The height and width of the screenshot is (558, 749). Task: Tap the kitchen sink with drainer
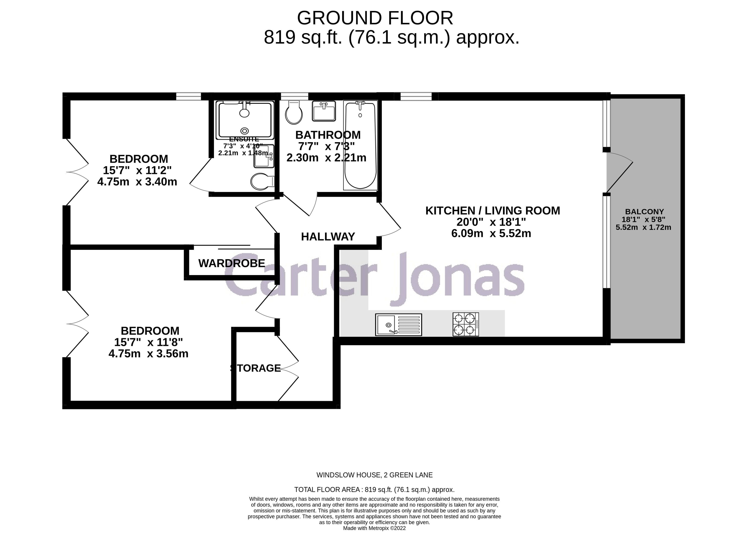pos(398,325)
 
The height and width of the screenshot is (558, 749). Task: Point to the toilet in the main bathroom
pos(294,113)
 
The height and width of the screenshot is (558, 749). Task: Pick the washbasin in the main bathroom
pos(324,111)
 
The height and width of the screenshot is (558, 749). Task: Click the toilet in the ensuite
pos(262,181)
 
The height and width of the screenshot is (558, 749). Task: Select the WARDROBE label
pos(232,263)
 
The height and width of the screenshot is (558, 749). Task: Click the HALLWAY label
pos(328,236)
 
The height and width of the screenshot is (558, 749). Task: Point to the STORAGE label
pos(256,368)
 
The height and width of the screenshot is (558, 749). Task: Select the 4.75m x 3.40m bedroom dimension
pos(137,182)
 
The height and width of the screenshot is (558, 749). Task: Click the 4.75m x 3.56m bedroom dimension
pos(148,354)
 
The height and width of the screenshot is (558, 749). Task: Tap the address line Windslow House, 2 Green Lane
pos(374,475)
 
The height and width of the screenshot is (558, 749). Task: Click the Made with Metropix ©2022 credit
pos(374,528)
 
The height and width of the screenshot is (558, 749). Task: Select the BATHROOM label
pos(328,135)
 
